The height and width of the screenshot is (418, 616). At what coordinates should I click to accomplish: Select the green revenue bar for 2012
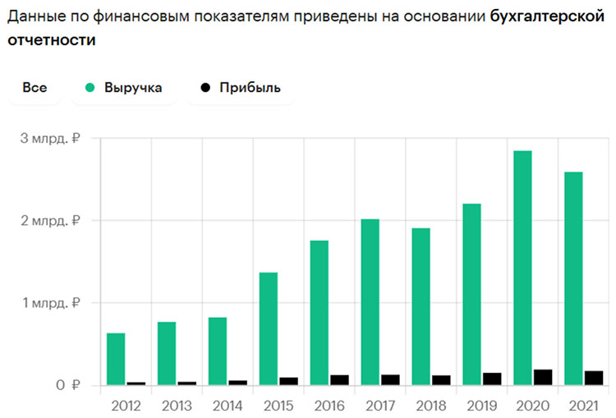[x=116, y=359]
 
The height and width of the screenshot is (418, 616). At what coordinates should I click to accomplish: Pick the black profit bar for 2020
[x=543, y=377]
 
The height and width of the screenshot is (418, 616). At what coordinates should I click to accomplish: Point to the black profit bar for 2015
[x=288, y=381]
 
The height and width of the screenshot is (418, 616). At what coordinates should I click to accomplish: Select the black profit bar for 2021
[x=594, y=378]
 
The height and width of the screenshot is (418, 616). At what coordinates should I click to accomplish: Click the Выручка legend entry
[x=138, y=88]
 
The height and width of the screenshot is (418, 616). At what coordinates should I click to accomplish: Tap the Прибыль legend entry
[x=250, y=88]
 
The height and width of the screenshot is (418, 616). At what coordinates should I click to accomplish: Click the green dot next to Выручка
[x=90, y=88]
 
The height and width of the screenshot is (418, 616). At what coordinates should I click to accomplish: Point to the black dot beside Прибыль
[x=205, y=88]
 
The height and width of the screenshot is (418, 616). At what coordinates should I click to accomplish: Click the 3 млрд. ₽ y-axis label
[x=49, y=138]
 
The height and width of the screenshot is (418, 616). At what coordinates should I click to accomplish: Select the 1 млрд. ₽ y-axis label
[x=49, y=303]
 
